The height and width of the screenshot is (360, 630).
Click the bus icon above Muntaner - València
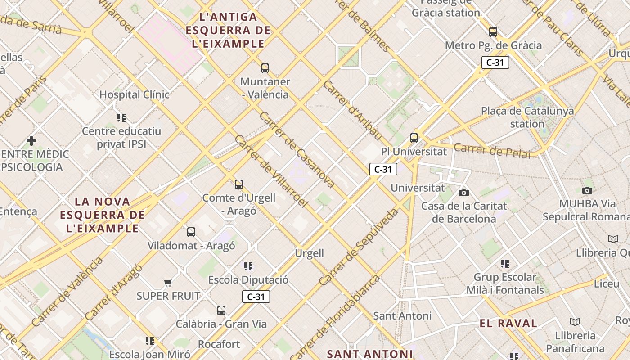tap(265, 68)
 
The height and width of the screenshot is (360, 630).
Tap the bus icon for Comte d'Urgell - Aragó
tap(239, 184)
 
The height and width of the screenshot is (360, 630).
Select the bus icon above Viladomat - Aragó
tap(191, 232)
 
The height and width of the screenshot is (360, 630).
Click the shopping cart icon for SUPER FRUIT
tap(168, 283)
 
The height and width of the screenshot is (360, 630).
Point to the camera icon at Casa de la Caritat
tap(464, 193)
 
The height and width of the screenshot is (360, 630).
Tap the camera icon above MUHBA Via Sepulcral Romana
tap(587, 190)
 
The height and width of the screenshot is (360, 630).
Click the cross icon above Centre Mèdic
tap(31, 141)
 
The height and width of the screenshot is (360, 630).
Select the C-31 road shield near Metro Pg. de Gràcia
tap(495, 63)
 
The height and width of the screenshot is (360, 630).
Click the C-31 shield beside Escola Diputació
tap(256, 297)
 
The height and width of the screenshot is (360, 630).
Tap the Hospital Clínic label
tap(134, 94)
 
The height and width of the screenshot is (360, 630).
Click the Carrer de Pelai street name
tap(492, 150)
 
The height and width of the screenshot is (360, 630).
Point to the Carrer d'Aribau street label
tap(352, 110)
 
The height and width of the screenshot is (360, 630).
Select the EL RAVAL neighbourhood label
tap(508, 323)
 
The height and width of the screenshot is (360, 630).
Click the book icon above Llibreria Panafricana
tap(575, 322)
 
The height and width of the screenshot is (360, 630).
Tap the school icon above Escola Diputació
tap(248, 266)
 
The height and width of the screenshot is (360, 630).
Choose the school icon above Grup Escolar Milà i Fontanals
tap(505, 264)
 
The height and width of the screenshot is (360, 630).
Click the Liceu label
tap(607, 284)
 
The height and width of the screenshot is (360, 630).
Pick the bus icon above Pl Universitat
tap(414, 138)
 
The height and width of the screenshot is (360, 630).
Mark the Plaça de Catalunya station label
tap(527, 117)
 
